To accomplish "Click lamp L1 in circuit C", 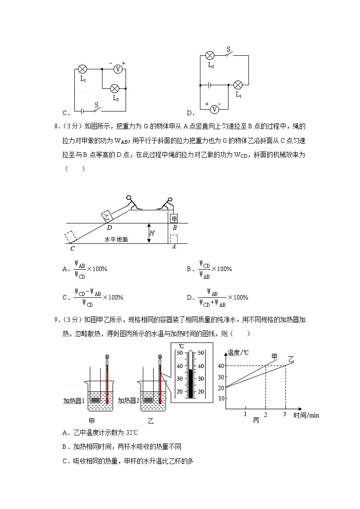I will tap(83, 69).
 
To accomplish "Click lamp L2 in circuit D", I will tap(210, 56).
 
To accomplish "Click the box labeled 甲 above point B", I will tap(174, 218).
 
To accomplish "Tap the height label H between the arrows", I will tap(152, 233).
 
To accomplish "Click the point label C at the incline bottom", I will tap(73, 248).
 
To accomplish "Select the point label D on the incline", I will tap(109, 228).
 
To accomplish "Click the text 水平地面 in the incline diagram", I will tap(116, 239).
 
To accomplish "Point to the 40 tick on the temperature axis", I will tap(221, 366).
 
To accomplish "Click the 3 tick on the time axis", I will tap(285, 414).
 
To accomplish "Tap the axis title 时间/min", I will tap(306, 415).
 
